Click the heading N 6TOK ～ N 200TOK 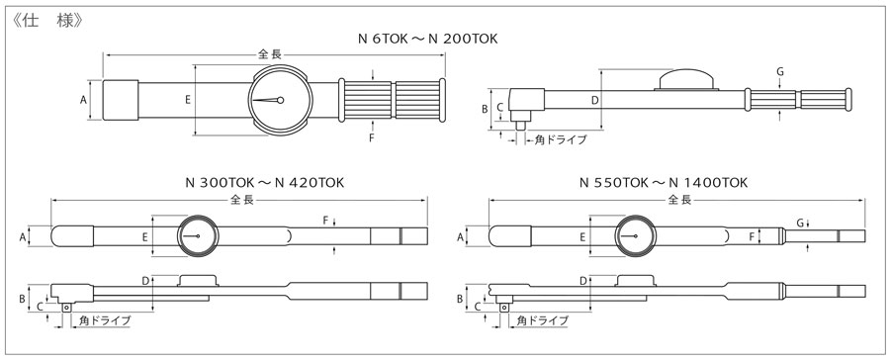click(x=428, y=39)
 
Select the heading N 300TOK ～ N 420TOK click(x=264, y=182)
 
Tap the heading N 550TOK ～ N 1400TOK click(x=664, y=182)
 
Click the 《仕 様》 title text click(x=46, y=21)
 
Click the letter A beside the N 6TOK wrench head click(x=83, y=100)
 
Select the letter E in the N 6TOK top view click(x=187, y=100)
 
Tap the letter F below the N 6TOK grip click(x=372, y=138)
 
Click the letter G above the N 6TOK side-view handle click(x=780, y=71)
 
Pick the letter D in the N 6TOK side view click(x=594, y=101)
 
